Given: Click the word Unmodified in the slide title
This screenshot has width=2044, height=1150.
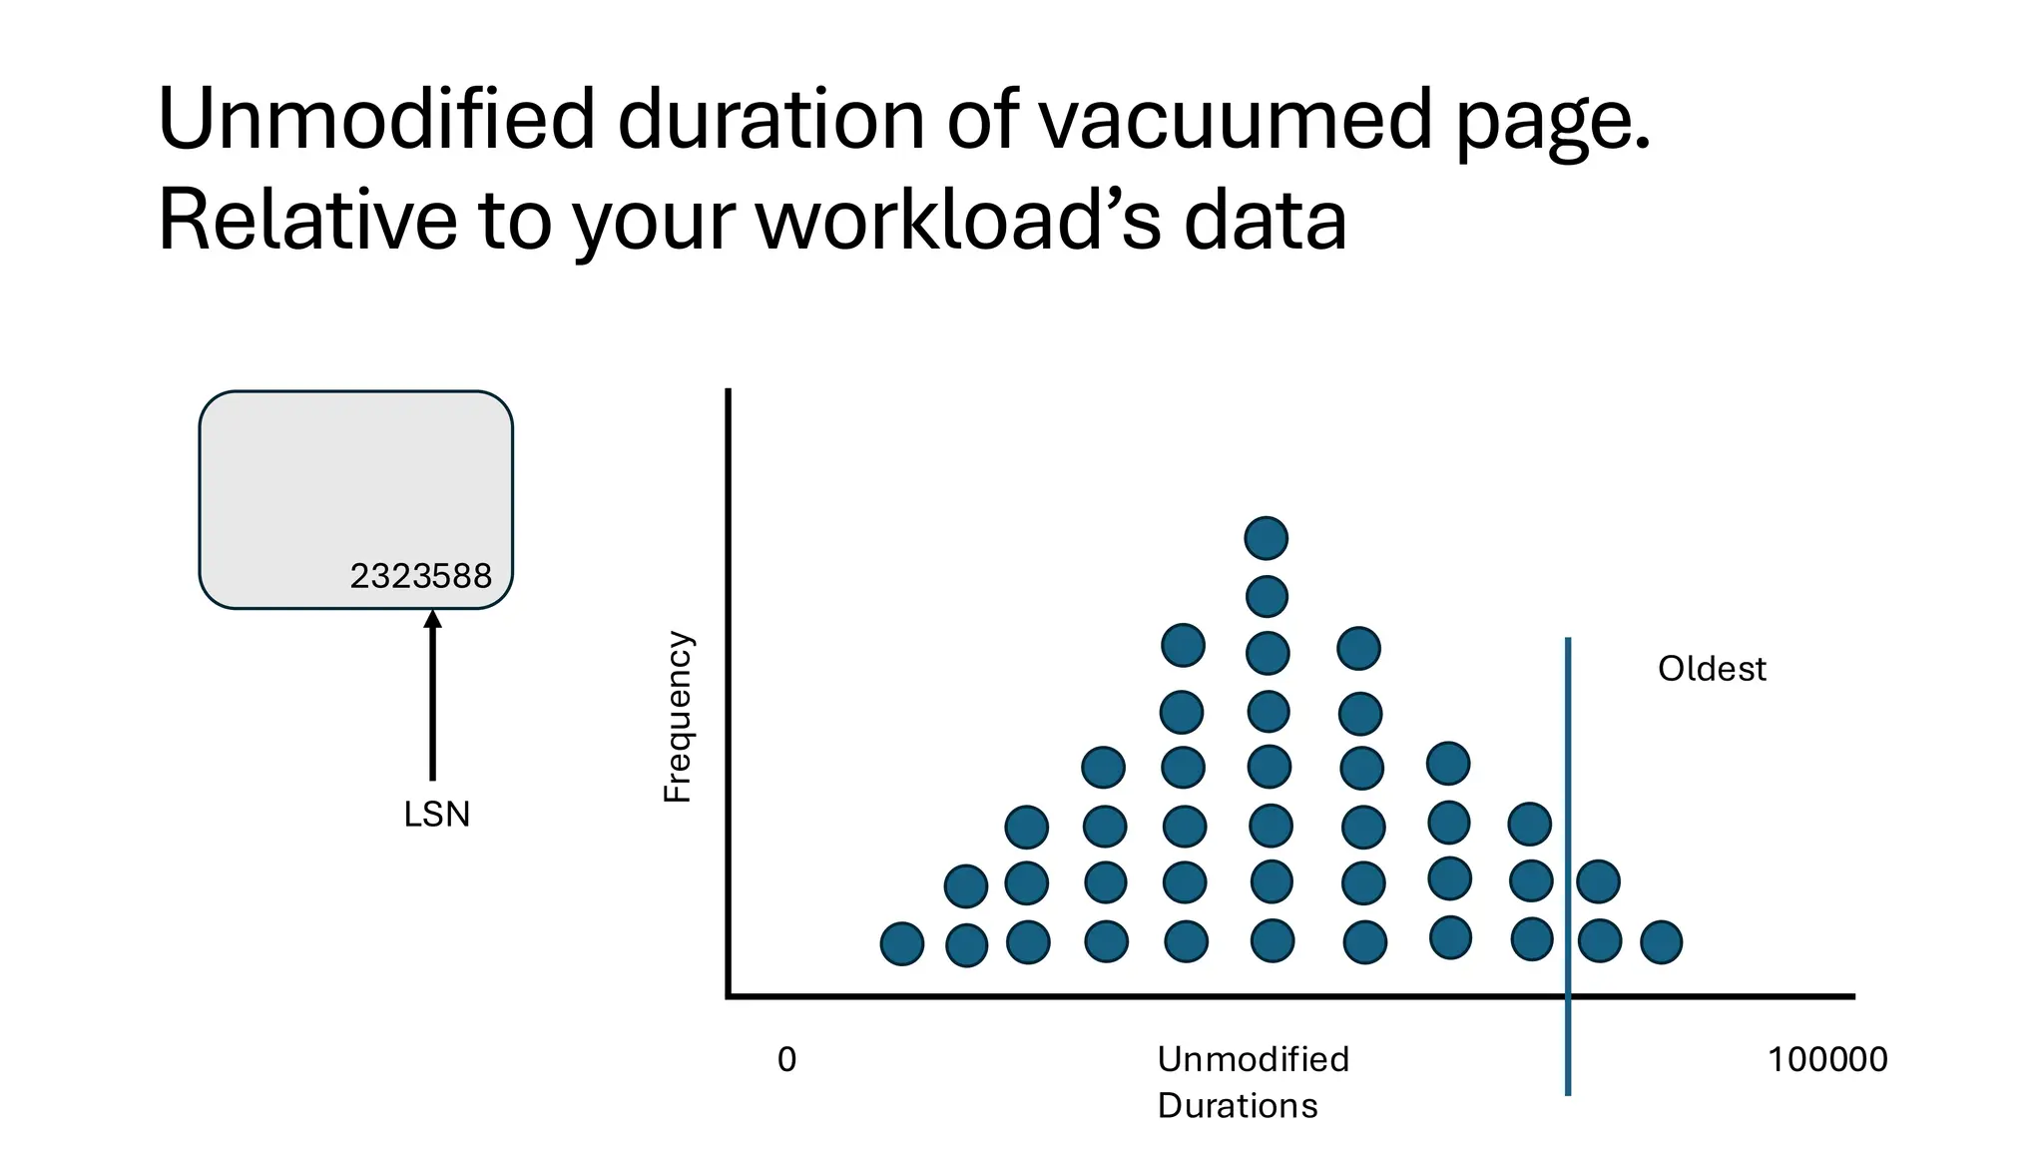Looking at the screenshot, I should [376, 120].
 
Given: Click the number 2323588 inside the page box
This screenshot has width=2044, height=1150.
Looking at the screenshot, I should [421, 576].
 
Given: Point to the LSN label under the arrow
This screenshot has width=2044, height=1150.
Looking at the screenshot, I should [436, 815].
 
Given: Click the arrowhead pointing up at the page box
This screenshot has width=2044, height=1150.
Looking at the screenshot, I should [432, 620].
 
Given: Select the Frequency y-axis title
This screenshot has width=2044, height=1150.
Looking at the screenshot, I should [678, 717].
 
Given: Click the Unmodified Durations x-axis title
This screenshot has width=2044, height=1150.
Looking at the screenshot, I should [1253, 1082].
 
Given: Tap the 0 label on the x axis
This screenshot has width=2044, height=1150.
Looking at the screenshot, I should [786, 1060].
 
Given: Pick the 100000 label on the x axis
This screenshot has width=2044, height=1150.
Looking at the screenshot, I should [1827, 1060].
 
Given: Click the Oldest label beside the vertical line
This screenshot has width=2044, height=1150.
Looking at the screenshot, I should [1712, 669].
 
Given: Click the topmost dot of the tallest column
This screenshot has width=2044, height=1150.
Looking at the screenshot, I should [1267, 539].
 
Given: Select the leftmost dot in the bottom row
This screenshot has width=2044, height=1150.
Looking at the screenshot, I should [902, 943].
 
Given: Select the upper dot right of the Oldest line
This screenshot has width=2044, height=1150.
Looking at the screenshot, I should [1599, 882].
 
